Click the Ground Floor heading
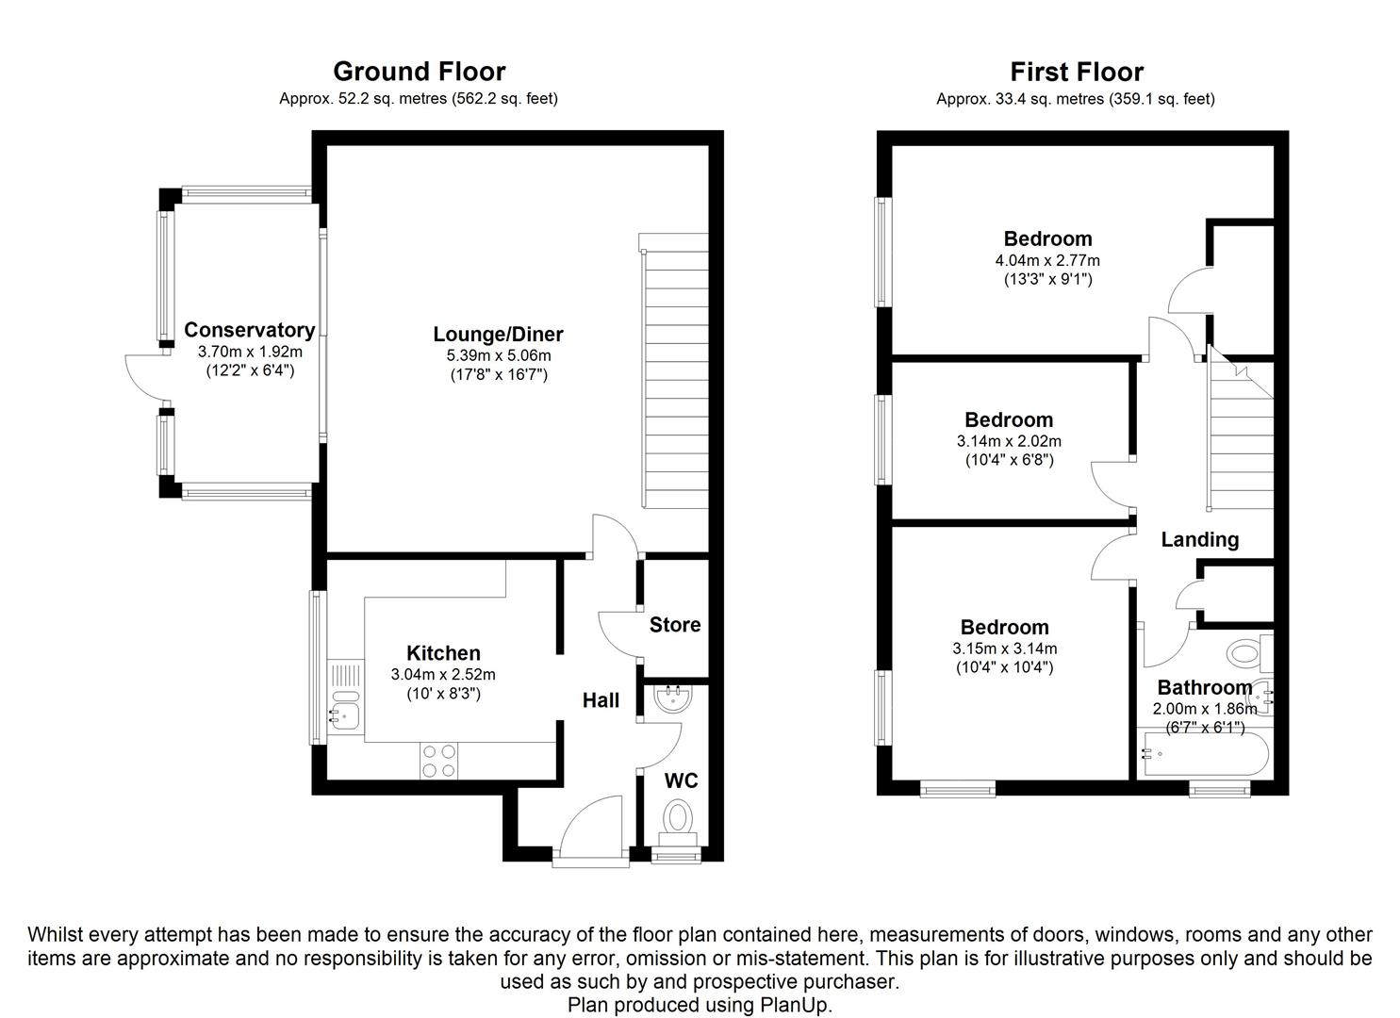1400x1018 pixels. (419, 72)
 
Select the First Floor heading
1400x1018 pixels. (1076, 72)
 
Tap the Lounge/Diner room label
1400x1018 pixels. (498, 334)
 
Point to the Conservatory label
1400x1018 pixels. (249, 330)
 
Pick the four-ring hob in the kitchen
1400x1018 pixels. (440, 761)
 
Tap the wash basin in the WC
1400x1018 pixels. (673, 698)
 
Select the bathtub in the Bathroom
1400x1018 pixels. (1203, 754)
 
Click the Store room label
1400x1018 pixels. (675, 624)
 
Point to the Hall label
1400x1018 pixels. (601, 699)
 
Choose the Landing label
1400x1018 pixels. (1199, 539)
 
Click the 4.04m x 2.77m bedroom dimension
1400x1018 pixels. (1047, 260)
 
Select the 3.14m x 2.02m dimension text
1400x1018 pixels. (1009, 441)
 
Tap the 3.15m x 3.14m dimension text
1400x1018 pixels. (1005, 649)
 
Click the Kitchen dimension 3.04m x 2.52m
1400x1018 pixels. (443, 674)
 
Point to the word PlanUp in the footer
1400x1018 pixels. (793, 1005)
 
